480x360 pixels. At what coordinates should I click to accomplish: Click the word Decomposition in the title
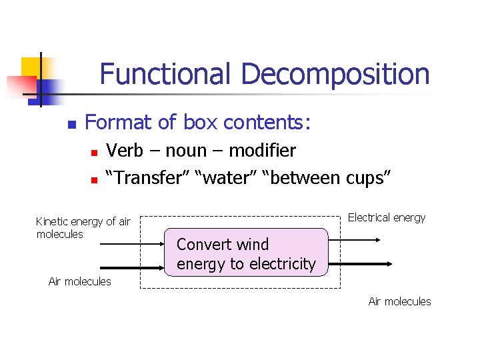(335, 73)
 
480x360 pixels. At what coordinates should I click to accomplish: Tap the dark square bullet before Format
(71, 125)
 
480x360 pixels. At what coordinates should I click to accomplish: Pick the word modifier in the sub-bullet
(262, 151)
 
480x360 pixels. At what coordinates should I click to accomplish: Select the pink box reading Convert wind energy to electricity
(246, 253)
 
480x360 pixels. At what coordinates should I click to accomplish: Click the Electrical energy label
(386, 218)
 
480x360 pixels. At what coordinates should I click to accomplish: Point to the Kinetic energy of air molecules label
(83, 227)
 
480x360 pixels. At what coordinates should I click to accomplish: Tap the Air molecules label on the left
(80, 281)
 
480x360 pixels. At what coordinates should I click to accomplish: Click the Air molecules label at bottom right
(399, 301)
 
